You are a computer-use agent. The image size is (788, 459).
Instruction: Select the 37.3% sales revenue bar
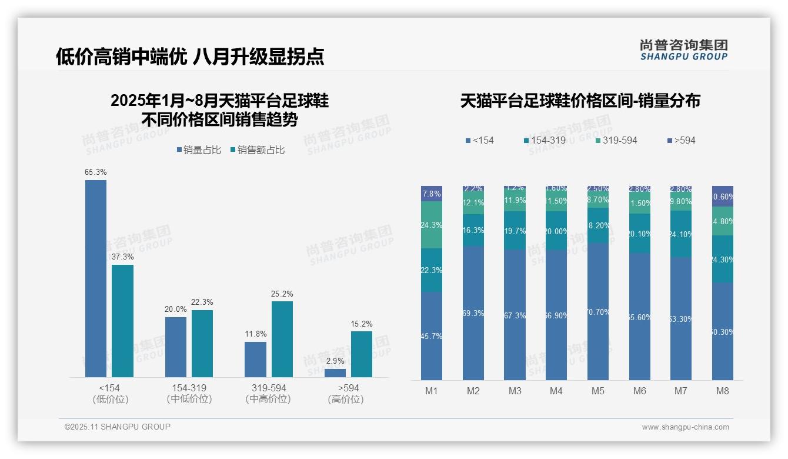click(x=122, y=321)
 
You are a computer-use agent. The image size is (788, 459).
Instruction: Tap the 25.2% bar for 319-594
click(x=282, y=339)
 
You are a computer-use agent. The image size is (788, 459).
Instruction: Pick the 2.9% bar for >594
click(x=335, y=372)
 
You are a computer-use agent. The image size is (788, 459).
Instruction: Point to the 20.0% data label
click(x=175, y=310)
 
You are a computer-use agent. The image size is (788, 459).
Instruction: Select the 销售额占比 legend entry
click(x=257, y=150)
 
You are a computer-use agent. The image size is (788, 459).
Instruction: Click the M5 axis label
click(x=598, y=391)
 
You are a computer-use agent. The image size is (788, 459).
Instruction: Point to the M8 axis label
click(x=723, y=391)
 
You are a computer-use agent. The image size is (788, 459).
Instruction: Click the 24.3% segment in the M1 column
click(x=432, y=225)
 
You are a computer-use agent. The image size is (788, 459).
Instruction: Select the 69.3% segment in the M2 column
click(x=473, y=312)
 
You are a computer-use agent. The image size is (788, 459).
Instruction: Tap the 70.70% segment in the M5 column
click(x=598, y=311)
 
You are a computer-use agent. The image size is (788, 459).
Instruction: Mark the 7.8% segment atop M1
click(x=432, y=194)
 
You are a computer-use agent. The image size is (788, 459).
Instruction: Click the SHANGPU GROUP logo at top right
click(x=684, y=50)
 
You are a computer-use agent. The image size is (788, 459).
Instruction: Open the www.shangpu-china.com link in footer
click(x=685, y=427)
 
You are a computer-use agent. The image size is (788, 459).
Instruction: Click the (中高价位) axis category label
click(x=268, y=399)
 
